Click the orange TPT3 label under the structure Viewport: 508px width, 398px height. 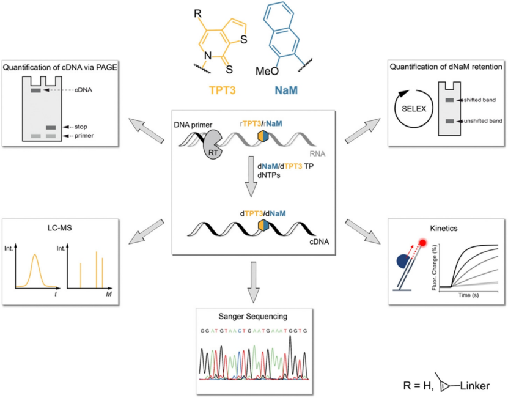click(224, 90)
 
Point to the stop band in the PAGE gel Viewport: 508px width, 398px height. click(51, 127)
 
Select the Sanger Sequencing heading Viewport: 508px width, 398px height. click(252, 316)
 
